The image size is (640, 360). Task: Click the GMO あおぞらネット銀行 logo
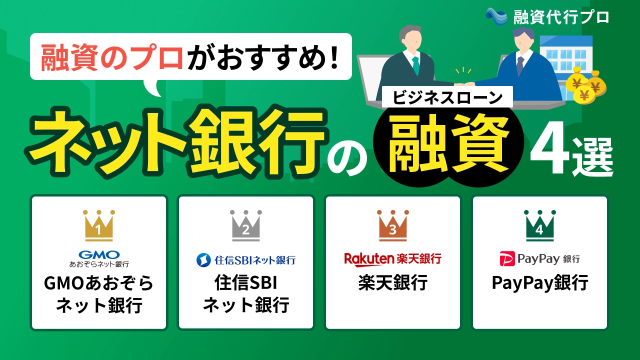click(x=98, y=258)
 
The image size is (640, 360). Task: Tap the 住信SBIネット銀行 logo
click(x=245, y=259)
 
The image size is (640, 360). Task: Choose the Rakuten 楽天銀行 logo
click(x=392, y=258)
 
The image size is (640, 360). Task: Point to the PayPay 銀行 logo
click(x=539, y=259)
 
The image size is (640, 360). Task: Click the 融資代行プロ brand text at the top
click(x=561, y=17)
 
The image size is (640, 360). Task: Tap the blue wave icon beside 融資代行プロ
click(x=496, y=16)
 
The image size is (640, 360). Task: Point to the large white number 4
click(x=549, y=154)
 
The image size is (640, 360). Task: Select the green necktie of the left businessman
click(x=415, y=65)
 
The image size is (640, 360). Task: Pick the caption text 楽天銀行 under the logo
click(x=392, y=283)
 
